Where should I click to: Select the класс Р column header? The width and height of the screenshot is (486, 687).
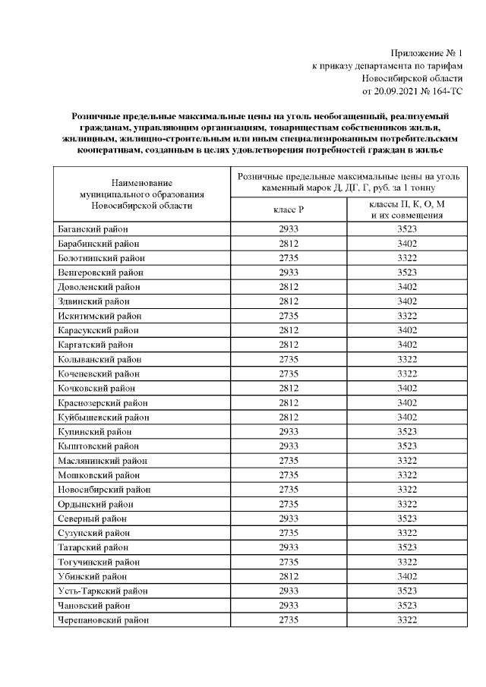pos(289,209)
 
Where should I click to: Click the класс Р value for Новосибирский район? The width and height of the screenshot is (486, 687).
pos(289,490)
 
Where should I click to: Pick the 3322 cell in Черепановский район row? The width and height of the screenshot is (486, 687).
pos(408,620)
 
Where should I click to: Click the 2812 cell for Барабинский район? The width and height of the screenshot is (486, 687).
pos(289,244)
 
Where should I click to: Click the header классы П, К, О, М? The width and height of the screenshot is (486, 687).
pos(408,204)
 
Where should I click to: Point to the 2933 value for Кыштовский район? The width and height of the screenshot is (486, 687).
pos(289,446)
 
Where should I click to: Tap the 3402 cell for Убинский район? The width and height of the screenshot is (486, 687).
pos(408,576)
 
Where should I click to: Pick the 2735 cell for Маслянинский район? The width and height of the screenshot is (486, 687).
pos(289,461)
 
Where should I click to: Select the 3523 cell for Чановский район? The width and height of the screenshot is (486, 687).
pos(408,606)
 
